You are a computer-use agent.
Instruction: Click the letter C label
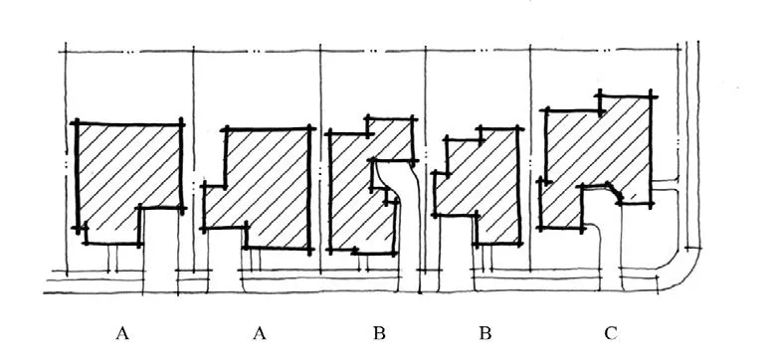coord(610,333)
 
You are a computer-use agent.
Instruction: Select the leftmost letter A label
coord(122,333)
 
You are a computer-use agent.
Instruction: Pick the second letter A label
coord(260,333)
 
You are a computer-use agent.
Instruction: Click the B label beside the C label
coord(485,333)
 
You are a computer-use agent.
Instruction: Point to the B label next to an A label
coord(379,333)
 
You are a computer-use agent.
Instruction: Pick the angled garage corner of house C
coord(616,193)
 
